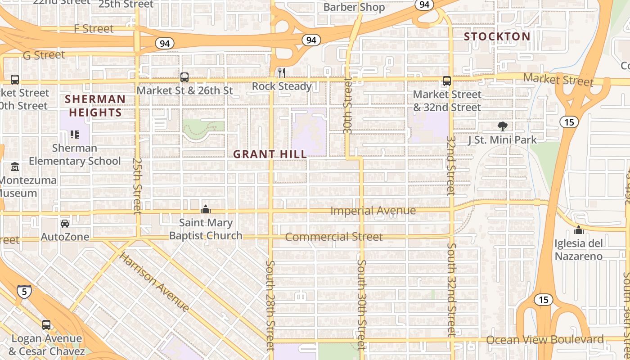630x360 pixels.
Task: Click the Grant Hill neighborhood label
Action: (x=270, y=154)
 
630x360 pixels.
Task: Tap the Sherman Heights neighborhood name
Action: (x=95, y=106)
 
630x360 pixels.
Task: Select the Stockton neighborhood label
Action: (x=497, y=36)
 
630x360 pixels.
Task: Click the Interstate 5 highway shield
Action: (x=24, y=291)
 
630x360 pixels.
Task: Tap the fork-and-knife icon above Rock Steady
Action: (x=282, y=72)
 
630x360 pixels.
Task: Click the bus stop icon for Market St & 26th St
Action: (x=184, y=77)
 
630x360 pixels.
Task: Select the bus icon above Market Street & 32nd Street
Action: (x=446, y=81)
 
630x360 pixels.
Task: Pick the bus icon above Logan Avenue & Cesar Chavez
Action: (x=46, y=324)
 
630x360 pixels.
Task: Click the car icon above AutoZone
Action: (x=65, y=223)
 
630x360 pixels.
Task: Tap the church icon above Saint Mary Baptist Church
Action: (x=206, y=209)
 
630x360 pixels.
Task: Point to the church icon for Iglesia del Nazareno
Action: (x=578, y=230)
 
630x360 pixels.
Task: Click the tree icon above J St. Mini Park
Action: (x=502, y=126)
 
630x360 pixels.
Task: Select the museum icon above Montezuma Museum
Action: (x=15, y=167)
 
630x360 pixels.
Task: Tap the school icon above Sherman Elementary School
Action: (x=75, y=135)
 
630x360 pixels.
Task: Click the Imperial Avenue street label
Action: (x=373, y=211)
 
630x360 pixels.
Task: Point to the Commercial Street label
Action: (x=334, y=237)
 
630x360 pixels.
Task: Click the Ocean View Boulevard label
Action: (x=544, y=340)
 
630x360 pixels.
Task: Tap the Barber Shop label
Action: (x=354, y=7)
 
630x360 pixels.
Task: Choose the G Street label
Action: (x=44, y=55)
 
